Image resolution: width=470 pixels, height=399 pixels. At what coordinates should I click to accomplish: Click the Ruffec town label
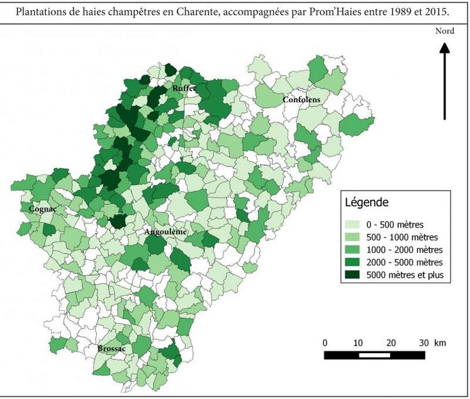click(x=184, y=89)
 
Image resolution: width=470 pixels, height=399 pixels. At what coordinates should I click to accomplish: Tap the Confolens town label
click(x=301, y=99)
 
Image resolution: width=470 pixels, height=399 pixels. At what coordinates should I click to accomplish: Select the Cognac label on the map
click(x=43, y=209)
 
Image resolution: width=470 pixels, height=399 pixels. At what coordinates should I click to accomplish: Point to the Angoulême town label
click(x=166, y=232)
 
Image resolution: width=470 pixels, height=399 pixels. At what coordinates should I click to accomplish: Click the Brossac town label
click(x=111, y=348)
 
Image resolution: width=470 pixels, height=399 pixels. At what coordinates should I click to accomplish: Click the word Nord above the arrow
click(x=444, y=31)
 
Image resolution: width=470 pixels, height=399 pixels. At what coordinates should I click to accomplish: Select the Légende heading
click(x=367, y=203)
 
